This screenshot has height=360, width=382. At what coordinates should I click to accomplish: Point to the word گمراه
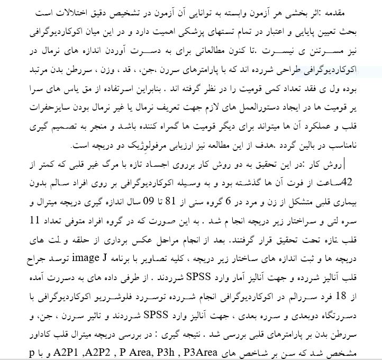click(x=191, y=125)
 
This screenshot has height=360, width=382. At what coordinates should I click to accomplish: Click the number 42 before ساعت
click(x=351, y=183)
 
